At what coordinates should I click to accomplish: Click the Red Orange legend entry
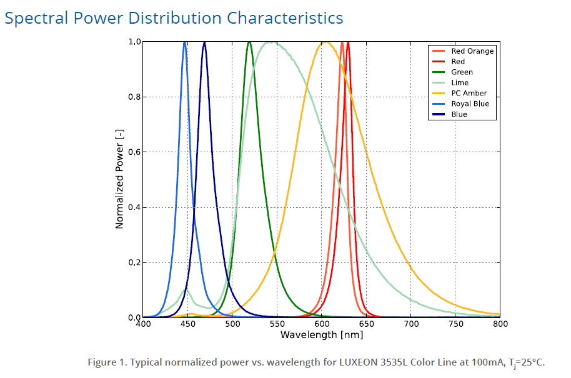[x=472, y=51]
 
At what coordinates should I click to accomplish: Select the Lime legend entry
[x=460, y=83]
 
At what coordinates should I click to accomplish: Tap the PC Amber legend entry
[x=469, y=94]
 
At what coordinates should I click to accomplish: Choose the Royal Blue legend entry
[x=470, y=104]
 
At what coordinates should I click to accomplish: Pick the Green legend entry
[x=462, y=72]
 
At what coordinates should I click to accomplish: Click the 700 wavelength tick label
[x=410, y=324]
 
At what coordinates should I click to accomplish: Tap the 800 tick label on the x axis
[x=499, y=324]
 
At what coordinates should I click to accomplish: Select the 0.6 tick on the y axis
[x=134, y=152]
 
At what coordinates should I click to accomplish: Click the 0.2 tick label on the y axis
[x=134, y=263]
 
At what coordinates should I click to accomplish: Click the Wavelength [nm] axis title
[x=321, y=335]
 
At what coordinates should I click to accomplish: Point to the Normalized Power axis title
[x=119, y=180]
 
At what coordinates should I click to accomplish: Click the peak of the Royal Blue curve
[x=185, y=42]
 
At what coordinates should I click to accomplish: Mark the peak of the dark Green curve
[x=249, y=42]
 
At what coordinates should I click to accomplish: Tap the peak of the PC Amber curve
[x=325, y=42]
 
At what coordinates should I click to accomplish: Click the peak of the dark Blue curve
[x=204, y=42]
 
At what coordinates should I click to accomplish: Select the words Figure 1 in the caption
[x=107, y=362]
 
